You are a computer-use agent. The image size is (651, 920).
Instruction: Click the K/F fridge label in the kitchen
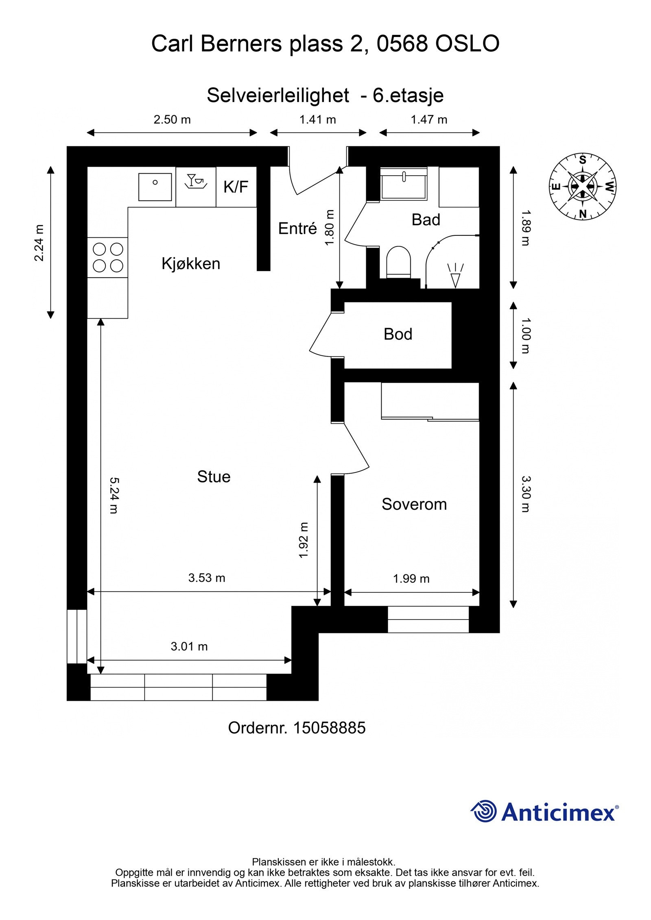pyautogui.click(x=236, y=187)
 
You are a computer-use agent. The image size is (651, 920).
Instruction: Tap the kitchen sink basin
pyautogui.click(x=155, y=187)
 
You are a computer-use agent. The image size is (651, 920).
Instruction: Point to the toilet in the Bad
pyautogui.click(x=398, y=262)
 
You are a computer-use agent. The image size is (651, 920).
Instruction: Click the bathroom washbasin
pyautogui.click(x=404, y=183)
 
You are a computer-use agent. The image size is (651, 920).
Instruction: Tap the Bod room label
pyautogui.click(x=398, y=334)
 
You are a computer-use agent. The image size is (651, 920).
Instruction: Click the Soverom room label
pyautogui.click(x=414, y=505)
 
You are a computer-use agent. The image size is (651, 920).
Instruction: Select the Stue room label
pyautogui.click(x=214, y=477)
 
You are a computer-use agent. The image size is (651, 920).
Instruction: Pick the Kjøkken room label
pyautogui.click(x=191, y=264)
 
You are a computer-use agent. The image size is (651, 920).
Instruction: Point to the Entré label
pyautogui.click(x=297, y=228)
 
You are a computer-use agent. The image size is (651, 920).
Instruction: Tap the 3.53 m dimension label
pyautogui.click(x=207, y=578)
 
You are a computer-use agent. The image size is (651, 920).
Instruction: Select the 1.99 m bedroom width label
pyautogui.click(x=411, y=579)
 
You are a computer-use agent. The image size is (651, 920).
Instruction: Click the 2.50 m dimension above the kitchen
pyautogui.click(x=172, y=120)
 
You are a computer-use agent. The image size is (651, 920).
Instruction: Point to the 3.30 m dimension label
pyautogui.click(x=526, y=494)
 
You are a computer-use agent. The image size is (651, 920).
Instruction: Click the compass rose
pyautogui.click(x=583, y=187)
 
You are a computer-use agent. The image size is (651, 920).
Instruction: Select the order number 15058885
pyautogui.click(x=329, y=728)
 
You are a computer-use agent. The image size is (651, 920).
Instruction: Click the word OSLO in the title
pyautogui.click(x=467, y=43)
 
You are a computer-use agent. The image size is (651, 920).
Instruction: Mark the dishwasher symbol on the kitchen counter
pyautogui.click(x=196, y=181)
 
